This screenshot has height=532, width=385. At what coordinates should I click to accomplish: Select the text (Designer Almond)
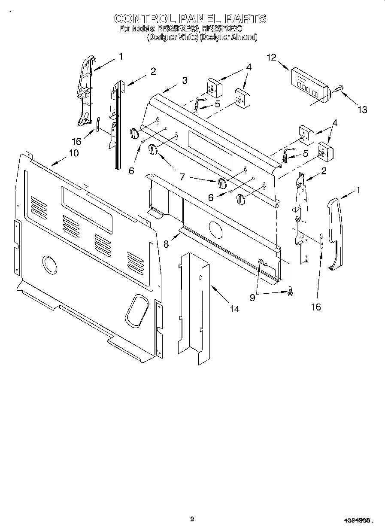pyautogui.click(x=228, y=37)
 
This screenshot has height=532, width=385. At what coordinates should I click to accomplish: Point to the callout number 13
pyautogui.click(x=362, y=109)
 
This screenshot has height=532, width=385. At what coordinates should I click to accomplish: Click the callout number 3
pyautogui.click(x=184, y=80)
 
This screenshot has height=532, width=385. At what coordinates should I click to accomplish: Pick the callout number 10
pyautogui.click(x=74, y=153)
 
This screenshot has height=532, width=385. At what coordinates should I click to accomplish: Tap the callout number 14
pyautogui.click(x=234, y=308)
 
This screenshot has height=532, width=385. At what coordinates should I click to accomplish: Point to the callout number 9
pyautogui.click(x=252, y=297)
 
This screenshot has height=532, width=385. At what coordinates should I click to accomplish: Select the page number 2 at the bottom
pyautogui.click(x=192, y=519)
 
